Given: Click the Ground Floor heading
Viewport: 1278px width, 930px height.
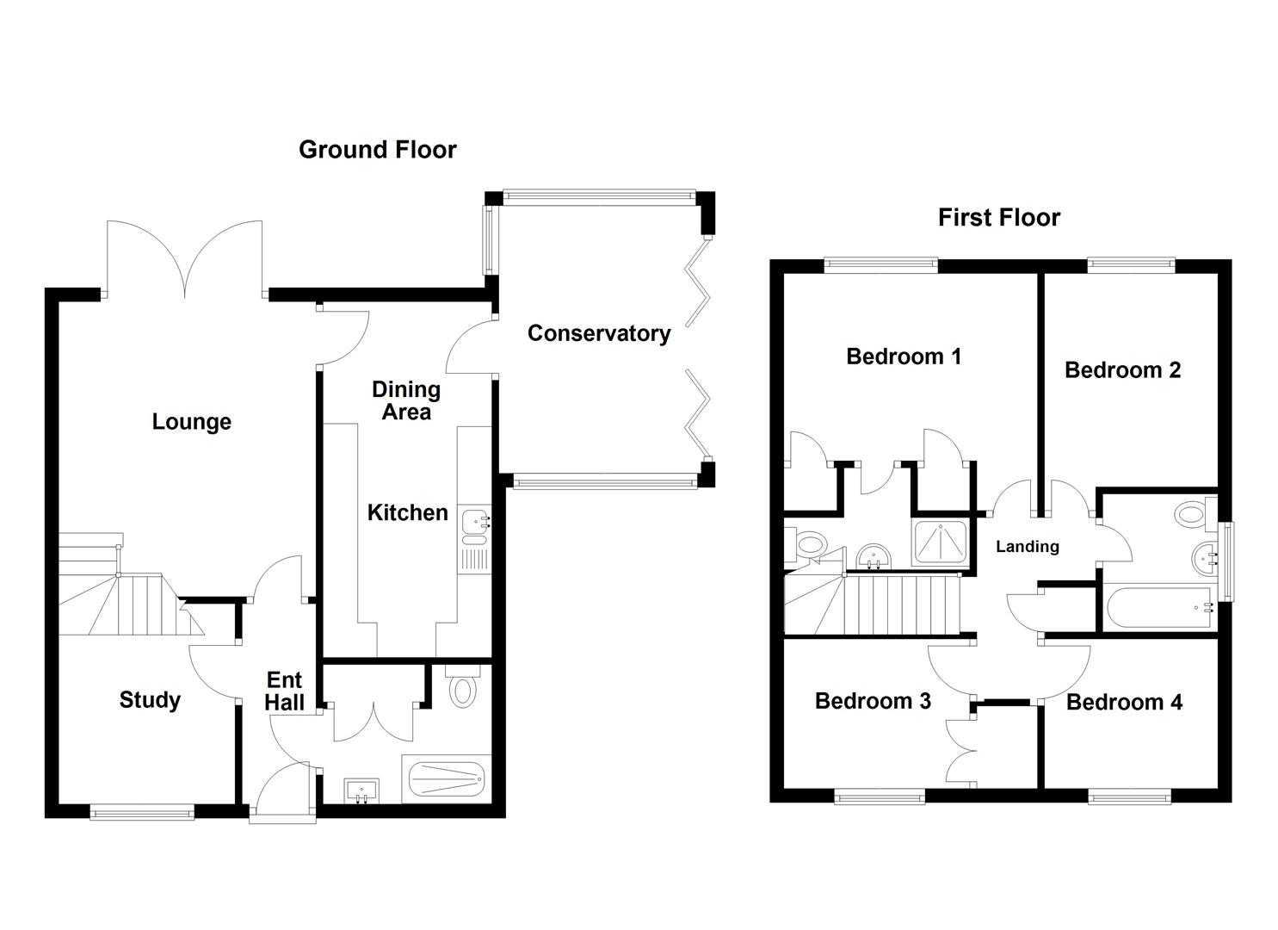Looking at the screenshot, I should pos(377,150).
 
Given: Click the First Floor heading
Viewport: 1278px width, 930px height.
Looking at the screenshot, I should pos(998,218).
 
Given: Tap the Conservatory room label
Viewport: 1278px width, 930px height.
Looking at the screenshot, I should pos(599,333).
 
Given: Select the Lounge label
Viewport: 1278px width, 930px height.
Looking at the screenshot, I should pos(191,422).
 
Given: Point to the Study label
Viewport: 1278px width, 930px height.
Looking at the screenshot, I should pos(150,700).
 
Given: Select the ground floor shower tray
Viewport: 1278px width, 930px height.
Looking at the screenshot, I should pos(446,778).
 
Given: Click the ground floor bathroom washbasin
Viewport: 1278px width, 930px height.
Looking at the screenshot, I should pos(361,790).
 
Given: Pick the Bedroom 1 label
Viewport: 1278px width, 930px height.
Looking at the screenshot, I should pos(904,356).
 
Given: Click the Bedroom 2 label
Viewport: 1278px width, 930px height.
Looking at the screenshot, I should pos(1122,370).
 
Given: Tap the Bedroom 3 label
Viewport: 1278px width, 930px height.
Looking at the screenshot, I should pos(873,701).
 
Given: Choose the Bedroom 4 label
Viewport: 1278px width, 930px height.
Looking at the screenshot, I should pos(1124,703).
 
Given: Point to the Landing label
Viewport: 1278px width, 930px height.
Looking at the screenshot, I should pos(1027,547).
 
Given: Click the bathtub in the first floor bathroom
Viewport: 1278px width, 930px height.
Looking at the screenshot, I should pos(1159,607).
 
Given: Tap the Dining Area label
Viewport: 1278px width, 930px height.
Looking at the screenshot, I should pos(406,401).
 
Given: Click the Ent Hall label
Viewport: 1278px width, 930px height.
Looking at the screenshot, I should pos(284,691).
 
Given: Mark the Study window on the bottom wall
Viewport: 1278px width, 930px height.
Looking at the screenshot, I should pos(142,810).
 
